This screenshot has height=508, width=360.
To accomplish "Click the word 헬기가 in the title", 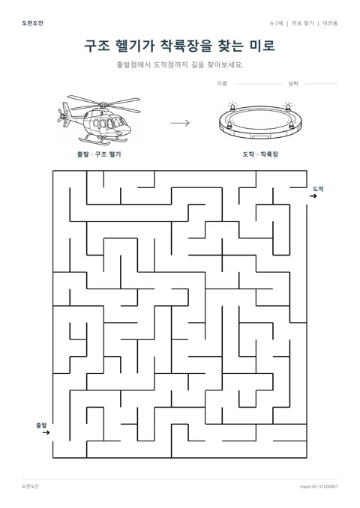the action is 135,46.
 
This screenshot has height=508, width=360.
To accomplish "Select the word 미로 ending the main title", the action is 262,46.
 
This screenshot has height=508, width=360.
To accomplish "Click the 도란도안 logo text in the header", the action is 32,23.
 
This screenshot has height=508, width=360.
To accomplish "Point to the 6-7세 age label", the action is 277,23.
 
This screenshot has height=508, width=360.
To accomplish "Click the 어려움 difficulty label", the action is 330,23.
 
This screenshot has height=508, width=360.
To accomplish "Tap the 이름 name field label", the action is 222,84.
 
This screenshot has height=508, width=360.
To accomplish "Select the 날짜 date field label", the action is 293,84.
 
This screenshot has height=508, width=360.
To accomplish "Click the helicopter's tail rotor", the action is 62,115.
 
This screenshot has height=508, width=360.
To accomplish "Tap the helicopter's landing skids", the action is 103,139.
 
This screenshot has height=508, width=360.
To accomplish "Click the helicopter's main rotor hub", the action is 103,105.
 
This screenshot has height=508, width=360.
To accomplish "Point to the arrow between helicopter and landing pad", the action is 180,123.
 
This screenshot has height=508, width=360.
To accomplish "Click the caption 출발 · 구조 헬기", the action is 99,154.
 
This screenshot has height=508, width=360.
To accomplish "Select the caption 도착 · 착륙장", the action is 260,154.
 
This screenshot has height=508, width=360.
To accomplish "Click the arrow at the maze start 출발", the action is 46,432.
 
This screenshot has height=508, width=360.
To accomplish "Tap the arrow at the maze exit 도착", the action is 313,196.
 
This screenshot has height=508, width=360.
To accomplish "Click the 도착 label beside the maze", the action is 318,189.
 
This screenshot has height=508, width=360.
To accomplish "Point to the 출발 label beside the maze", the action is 41,425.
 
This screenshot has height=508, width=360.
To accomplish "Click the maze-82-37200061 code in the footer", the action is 319,486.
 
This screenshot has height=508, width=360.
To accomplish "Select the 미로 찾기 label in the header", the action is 303,23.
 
